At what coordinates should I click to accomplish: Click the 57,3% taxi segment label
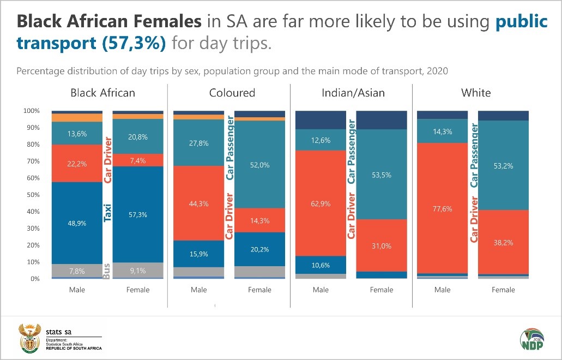pos(138,214)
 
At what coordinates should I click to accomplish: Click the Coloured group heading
pos(232,93)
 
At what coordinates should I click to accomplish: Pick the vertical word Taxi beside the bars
pos(107,212)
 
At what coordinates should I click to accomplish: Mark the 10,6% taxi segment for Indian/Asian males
pos(321,265)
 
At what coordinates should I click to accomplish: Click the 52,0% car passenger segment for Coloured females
pos(259,165)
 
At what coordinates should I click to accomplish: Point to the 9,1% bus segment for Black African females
pos(138,270)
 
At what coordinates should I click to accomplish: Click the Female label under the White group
pos(503,290)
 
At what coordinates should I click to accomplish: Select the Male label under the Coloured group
pos(199,290)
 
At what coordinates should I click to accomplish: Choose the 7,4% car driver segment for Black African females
pos(138,160)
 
